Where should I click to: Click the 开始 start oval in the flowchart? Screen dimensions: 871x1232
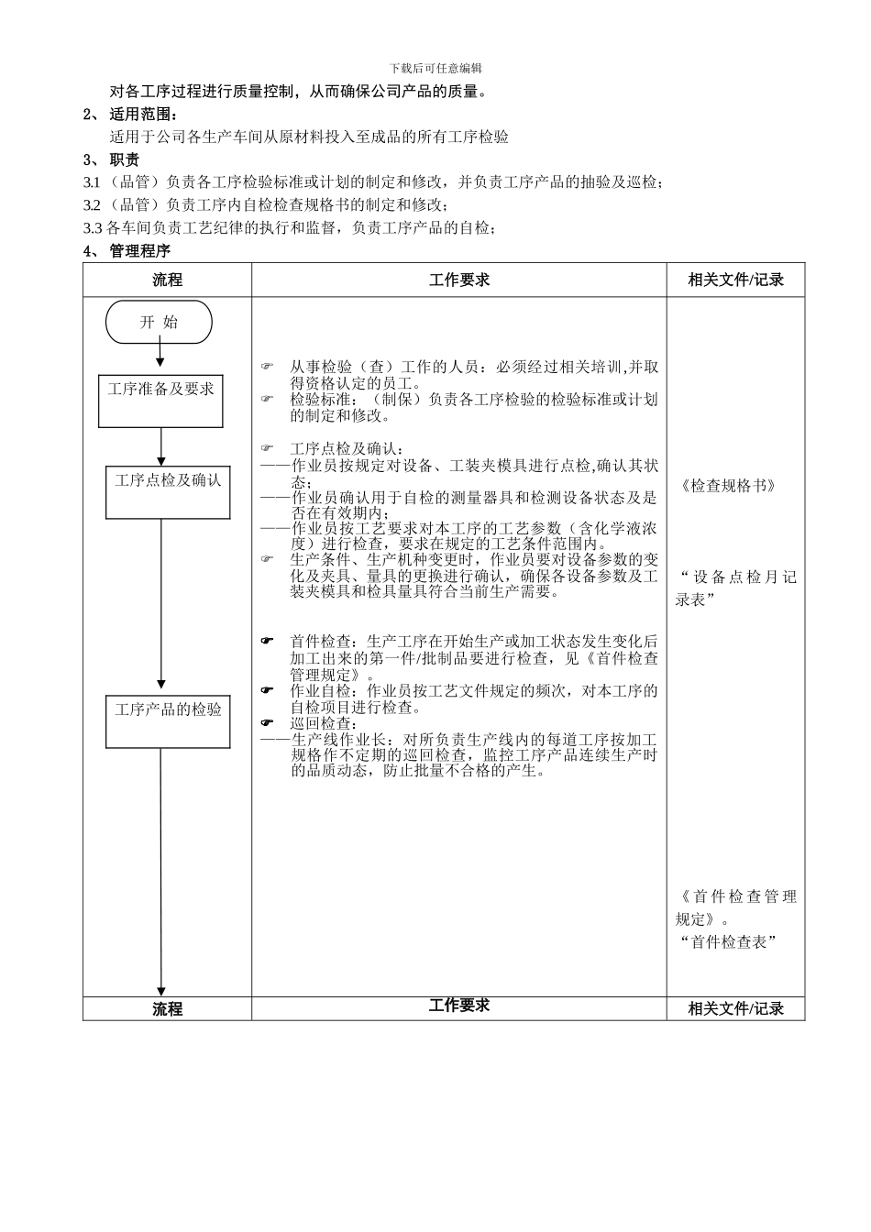point(160,323)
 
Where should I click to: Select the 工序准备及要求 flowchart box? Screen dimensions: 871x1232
point(161,401)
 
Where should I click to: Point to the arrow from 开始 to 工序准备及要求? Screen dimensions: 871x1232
point(160,356)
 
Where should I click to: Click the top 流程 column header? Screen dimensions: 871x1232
point(167,280)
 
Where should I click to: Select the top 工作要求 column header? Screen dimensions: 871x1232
point(459,280)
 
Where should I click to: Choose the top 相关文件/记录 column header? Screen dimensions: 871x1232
point(735,280)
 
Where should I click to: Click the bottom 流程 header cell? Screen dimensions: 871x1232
point(167,1008)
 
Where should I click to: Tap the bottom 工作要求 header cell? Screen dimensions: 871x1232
point(459,1006)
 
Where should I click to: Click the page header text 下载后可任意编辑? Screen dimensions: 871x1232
point(435,69)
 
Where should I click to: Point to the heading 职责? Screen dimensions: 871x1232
point(125,160)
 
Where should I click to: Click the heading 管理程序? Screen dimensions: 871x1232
point(139,251)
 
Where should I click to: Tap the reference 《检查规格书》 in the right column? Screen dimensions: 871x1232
point(729,486)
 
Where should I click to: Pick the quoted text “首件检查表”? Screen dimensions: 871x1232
point(728,942)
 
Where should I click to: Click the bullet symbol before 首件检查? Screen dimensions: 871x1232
point(267,642)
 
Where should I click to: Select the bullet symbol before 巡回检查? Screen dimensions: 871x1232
point(267,723)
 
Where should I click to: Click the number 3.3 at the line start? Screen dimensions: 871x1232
point(93,228)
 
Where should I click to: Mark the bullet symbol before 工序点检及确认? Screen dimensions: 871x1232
point(267,448)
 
